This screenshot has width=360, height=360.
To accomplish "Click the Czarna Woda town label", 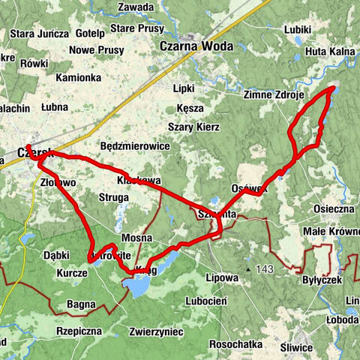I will pos(196,45).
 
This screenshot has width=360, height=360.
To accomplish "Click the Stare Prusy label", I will pos(136,28).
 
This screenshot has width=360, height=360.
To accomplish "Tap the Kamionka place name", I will pos(77,77).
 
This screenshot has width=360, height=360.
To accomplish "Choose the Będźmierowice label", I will pos(134,145).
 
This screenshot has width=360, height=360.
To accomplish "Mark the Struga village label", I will pos(115,198).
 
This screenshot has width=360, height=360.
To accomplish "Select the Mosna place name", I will pos(136,238).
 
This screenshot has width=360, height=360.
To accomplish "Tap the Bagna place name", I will pos(81,304).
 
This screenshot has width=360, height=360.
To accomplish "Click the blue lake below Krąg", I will pos(137,286).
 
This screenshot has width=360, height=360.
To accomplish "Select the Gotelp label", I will pos(90,34).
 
